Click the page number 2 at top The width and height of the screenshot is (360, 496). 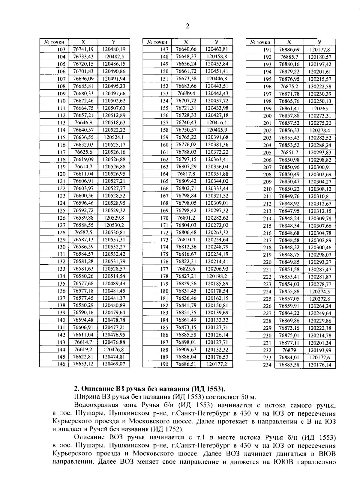click(187, 26)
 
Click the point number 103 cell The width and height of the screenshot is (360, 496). click(61, 49)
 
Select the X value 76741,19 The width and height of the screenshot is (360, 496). click(83, 49)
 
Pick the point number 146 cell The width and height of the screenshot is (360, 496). click(61, 364)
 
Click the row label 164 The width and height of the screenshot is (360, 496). click(164, 174)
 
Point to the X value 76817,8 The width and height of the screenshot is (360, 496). click(186, 174)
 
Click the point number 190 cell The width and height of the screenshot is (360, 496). click(164, 364)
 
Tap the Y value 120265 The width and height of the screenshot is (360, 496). click(320, 109)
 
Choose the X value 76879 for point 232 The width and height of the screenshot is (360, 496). click(289, 350)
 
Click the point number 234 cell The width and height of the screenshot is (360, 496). click(267, 365)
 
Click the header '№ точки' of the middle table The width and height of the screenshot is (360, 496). click(157, 42)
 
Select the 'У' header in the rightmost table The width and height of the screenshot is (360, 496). click(320, 42)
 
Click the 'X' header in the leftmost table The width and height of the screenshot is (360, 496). click(83, 42)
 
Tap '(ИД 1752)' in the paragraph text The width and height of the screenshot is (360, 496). click(167, 429)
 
